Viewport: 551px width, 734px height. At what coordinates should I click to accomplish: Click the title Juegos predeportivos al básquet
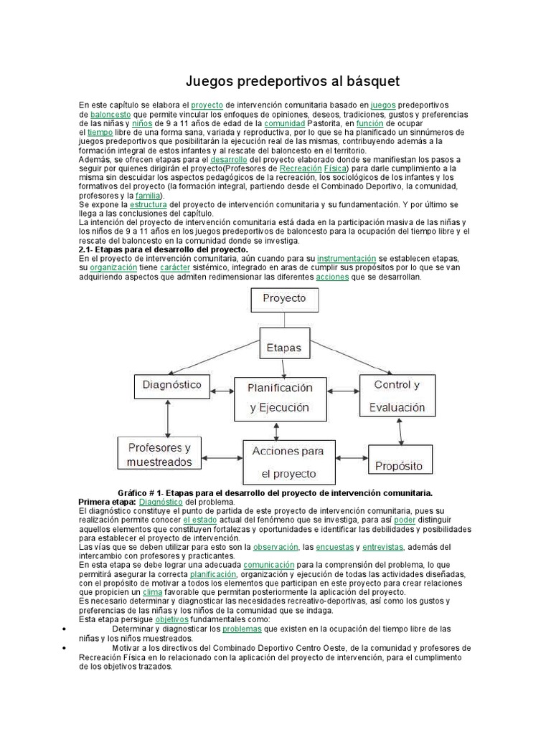pos(293,80)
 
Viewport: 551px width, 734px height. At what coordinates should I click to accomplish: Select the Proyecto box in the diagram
pos(283,298)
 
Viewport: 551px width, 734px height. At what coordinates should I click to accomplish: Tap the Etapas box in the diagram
pos(283,348)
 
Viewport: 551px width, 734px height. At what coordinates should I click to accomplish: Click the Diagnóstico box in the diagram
pos(171,385)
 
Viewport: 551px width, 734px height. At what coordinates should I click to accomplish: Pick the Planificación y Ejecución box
pos(280,398)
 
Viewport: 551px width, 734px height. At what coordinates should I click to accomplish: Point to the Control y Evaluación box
pos(397,396)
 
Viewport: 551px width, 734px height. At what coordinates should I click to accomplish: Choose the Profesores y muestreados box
pos(159,454)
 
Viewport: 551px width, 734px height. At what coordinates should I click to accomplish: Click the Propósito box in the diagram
pos(400,465)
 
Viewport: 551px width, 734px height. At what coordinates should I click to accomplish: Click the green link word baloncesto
pos(110,115)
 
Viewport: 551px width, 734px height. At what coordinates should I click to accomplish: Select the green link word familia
pos(149,195)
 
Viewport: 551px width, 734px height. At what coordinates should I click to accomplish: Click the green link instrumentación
pos(347,258)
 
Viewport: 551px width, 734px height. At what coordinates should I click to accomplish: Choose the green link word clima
pos(152,593)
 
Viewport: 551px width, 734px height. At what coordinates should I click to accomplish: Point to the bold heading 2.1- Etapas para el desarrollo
pos(162,249)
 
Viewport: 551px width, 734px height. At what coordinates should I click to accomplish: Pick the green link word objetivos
pos(171,619)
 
